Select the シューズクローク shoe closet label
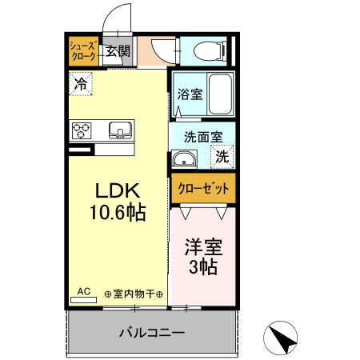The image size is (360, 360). tap(83, 52)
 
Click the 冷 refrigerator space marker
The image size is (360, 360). tap(80, 82)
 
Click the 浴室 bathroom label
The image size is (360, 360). tap(190, 94)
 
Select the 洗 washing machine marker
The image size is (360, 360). tap(222, 157)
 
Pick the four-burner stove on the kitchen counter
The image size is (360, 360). tap(83, 130)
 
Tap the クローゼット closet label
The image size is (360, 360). tap(203, 190)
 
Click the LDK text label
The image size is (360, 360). tap(118, 191)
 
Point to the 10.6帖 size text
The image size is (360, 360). tap(118, 214)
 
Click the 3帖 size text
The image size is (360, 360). tap(203, 268)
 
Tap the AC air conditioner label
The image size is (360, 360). tap(83, 292)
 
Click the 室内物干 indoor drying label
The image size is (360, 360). tap(134, 295)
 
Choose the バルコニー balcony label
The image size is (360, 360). tap(152, 332)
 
